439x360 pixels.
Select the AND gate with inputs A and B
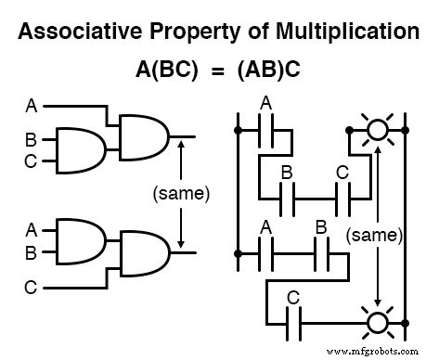click(x=79, y=239)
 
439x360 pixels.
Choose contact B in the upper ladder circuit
click(x=287, y=197)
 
